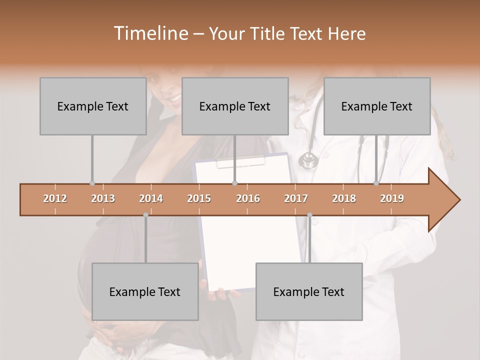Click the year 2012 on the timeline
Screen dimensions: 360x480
point(55,198)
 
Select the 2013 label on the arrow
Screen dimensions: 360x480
point(103,198)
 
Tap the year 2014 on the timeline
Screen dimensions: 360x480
point(151,198)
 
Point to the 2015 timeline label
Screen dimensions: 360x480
point(199,198)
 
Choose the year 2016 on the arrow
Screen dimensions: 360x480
point(248,198)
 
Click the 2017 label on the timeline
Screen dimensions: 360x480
point(296,198)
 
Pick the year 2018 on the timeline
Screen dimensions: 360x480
point(344,198)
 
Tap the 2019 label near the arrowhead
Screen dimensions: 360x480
point(392,198)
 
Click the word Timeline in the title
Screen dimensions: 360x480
point(150,33)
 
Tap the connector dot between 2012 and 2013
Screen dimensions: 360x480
point(92,183)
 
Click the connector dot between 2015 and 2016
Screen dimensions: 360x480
point(234,183)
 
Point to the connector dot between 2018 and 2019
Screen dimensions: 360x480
point(376,183)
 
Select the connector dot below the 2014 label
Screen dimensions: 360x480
point(145,215)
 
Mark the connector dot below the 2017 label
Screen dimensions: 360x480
point(309,215)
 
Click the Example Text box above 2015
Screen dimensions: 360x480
point(235,106)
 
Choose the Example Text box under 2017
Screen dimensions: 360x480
point(309,291)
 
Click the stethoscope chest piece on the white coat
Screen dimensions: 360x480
point(308,160)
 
